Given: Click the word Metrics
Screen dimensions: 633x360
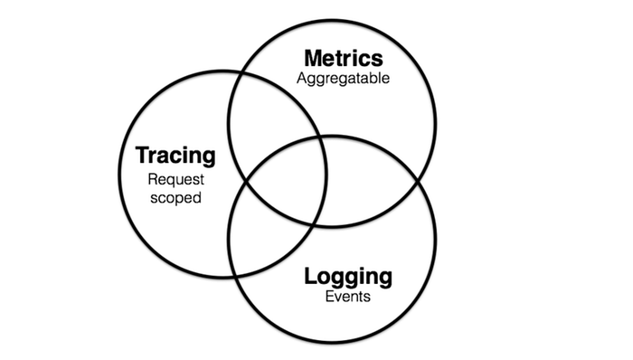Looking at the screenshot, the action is click(x=344, y=58).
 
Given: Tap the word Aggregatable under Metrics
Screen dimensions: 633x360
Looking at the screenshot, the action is click(x=343, y=79).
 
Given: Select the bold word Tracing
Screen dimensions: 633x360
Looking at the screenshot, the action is click(x=175, y=156).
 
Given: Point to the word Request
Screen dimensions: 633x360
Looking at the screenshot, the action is click(x=176, y=180).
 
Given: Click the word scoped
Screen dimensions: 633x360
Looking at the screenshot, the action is click(x=175, y=198).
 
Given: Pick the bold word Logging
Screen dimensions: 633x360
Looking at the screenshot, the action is click(x=348, y=278).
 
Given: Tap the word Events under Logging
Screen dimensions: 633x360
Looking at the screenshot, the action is click(x=348, y=297).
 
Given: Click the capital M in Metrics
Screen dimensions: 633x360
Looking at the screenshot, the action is click(x=315, y=58).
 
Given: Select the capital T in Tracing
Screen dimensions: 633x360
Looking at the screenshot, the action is click(x=144, y=155).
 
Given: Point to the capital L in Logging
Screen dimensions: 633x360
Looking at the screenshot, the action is click(x=310, y=276).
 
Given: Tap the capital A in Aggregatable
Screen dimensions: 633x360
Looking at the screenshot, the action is click(x=303, y=78).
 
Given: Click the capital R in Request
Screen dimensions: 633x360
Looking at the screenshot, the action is click(x=154, y=179).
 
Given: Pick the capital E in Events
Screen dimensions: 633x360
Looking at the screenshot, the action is click(x=330, y=297).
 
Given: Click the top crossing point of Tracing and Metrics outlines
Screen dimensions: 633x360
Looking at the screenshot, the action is click(x=242, y=74).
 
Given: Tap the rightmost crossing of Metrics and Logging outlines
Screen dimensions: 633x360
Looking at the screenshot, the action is click(x=419, y=181).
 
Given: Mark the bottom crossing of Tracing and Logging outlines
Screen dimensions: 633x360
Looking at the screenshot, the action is click(x=234, y=276).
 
